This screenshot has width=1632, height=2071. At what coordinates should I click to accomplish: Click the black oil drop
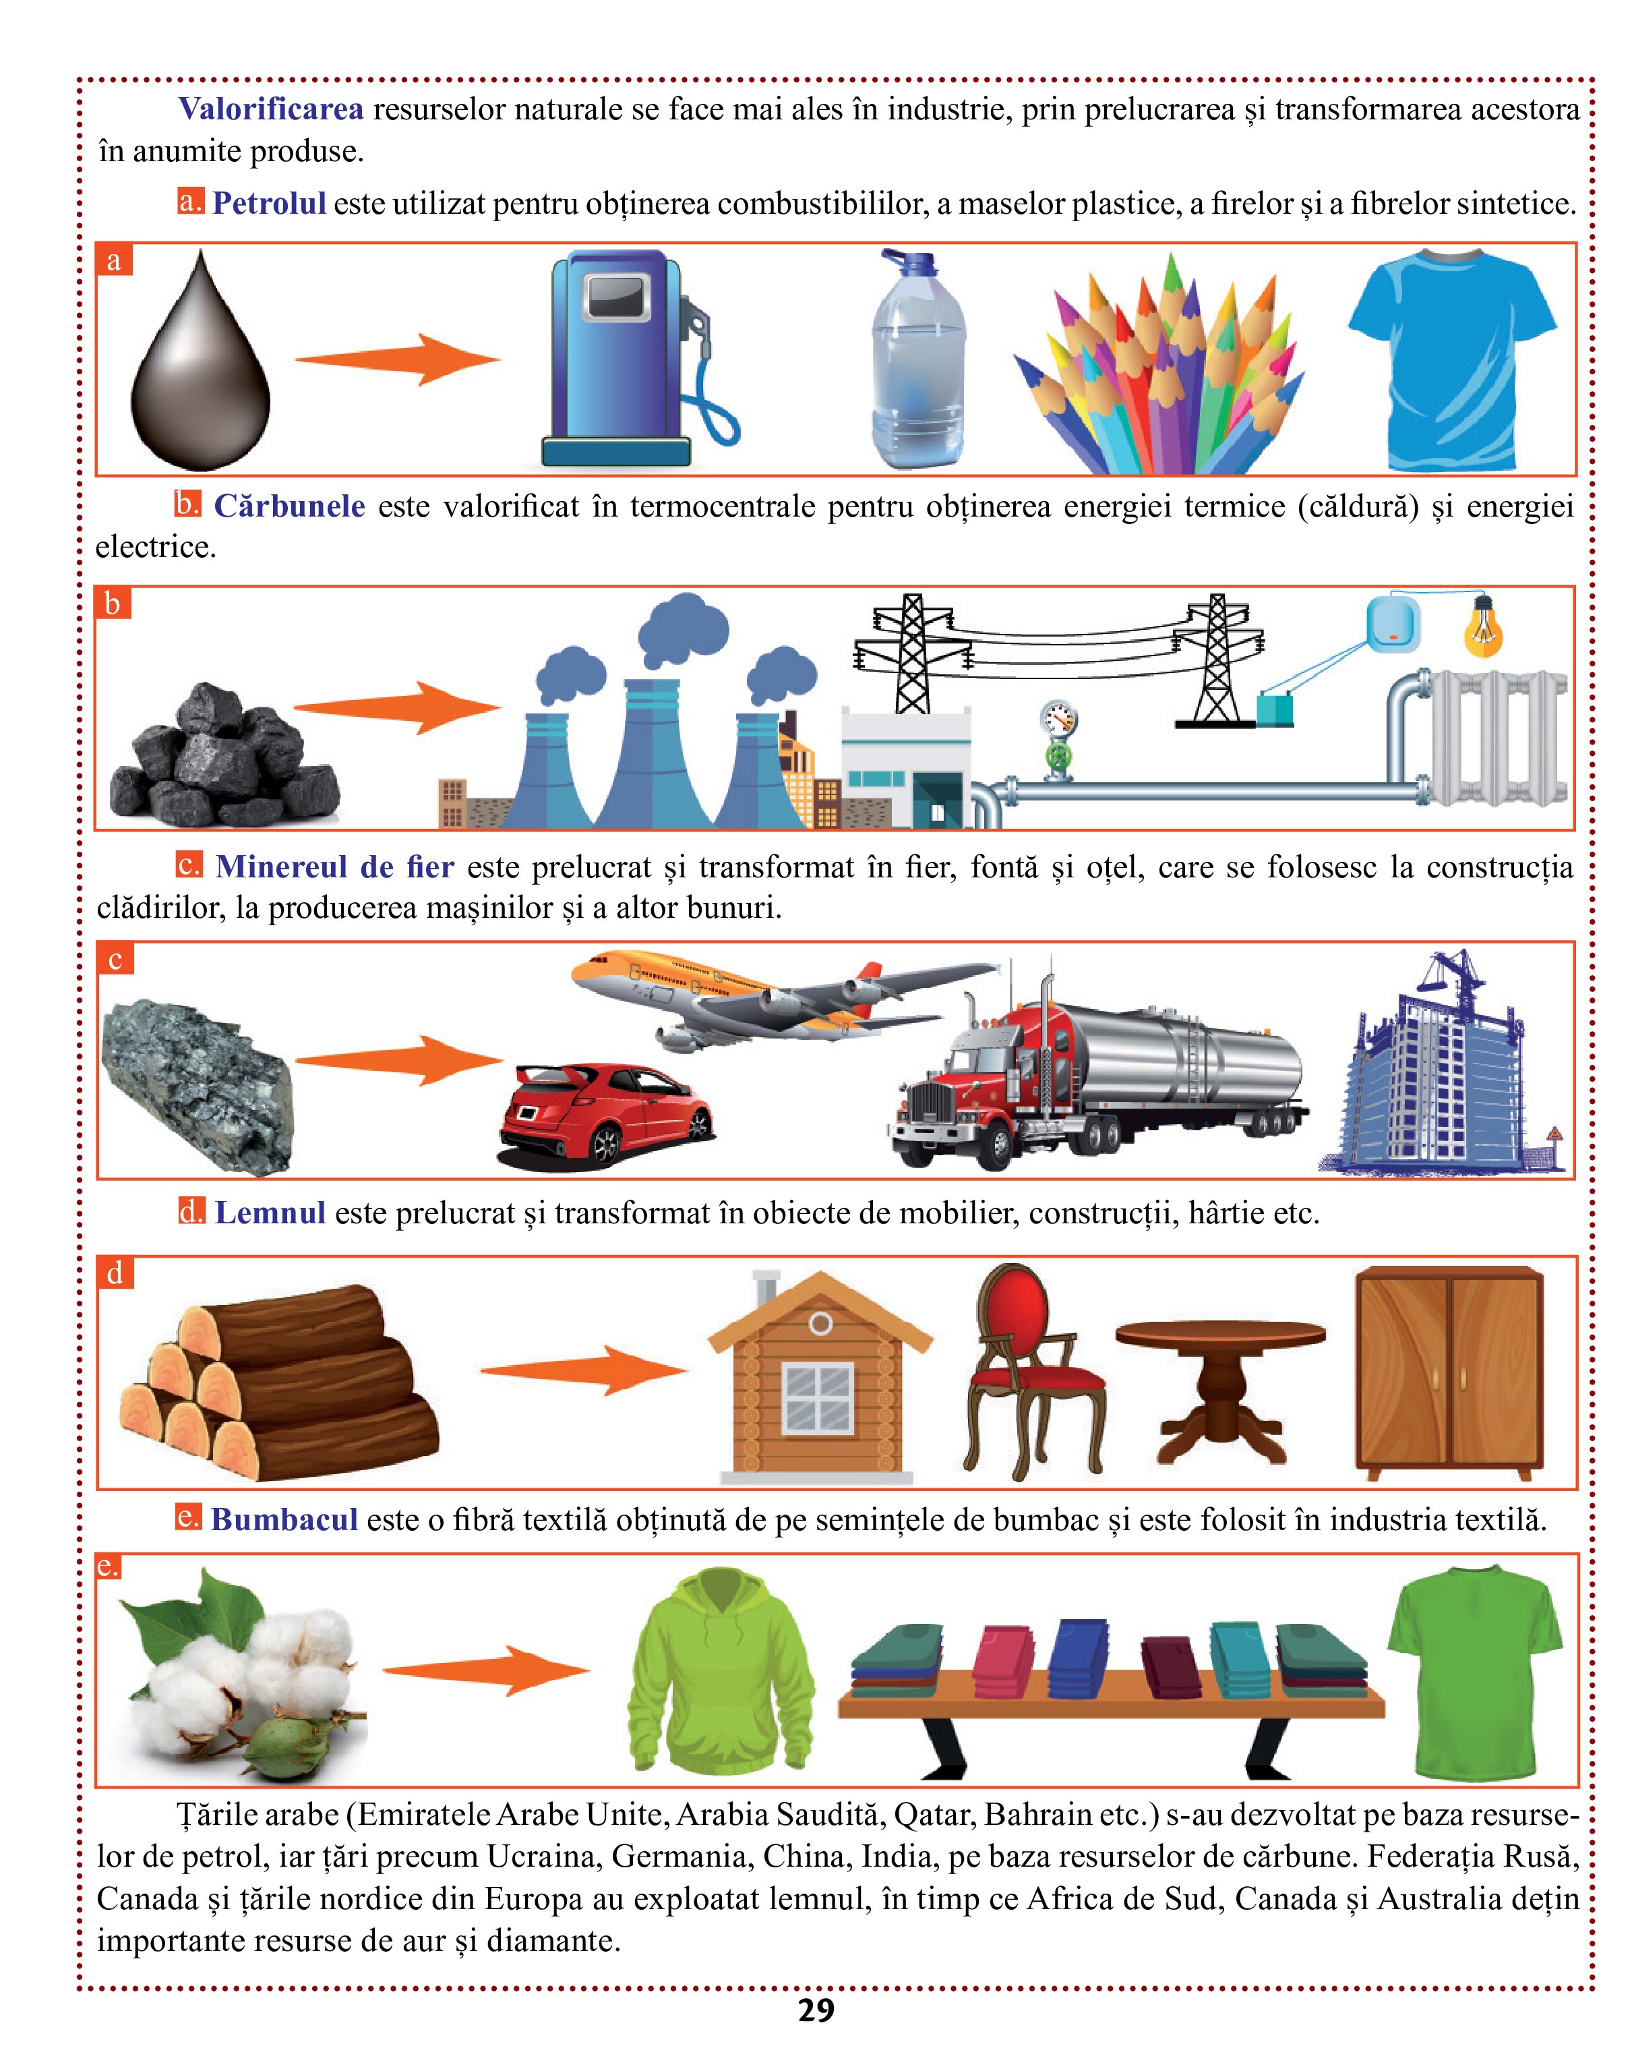coord(201,368)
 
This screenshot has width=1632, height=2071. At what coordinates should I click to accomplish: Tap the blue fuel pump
coord(631,358)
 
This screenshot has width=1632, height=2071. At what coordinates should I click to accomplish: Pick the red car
coord(606,1114)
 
